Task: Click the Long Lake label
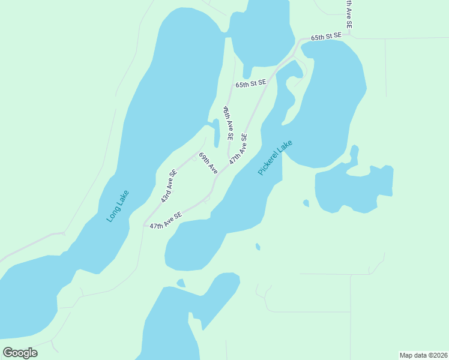pyautogui.click(x=118, y=206)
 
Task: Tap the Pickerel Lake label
pyautogui.click(x=275, y=158)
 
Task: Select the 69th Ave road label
pyautogui.click(x=208, y=163)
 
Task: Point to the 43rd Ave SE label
pyautogui.click(x=169, y=186)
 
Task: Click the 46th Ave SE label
pyautogui.click(x=228, y=123)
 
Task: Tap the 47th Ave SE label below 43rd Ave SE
pyautogui.click(x=166, y=221)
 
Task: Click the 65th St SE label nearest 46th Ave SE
pyautogui.click(x=250, y=85)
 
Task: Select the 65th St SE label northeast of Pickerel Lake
pyautogui.click(x=326, y=37)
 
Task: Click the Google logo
pyautogui.click(x=20, y=353)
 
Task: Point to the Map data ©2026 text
pyautogui.click(x=423, y=355)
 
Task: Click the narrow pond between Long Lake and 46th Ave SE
pyautogui.click(x=215, y=133)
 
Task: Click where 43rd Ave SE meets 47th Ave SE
pyautogui.click(x=145, y=225)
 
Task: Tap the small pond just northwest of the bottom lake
pyautogui.click(x=181, y=283)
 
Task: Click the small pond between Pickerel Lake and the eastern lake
pyautogui.click(x=306, y=203)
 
